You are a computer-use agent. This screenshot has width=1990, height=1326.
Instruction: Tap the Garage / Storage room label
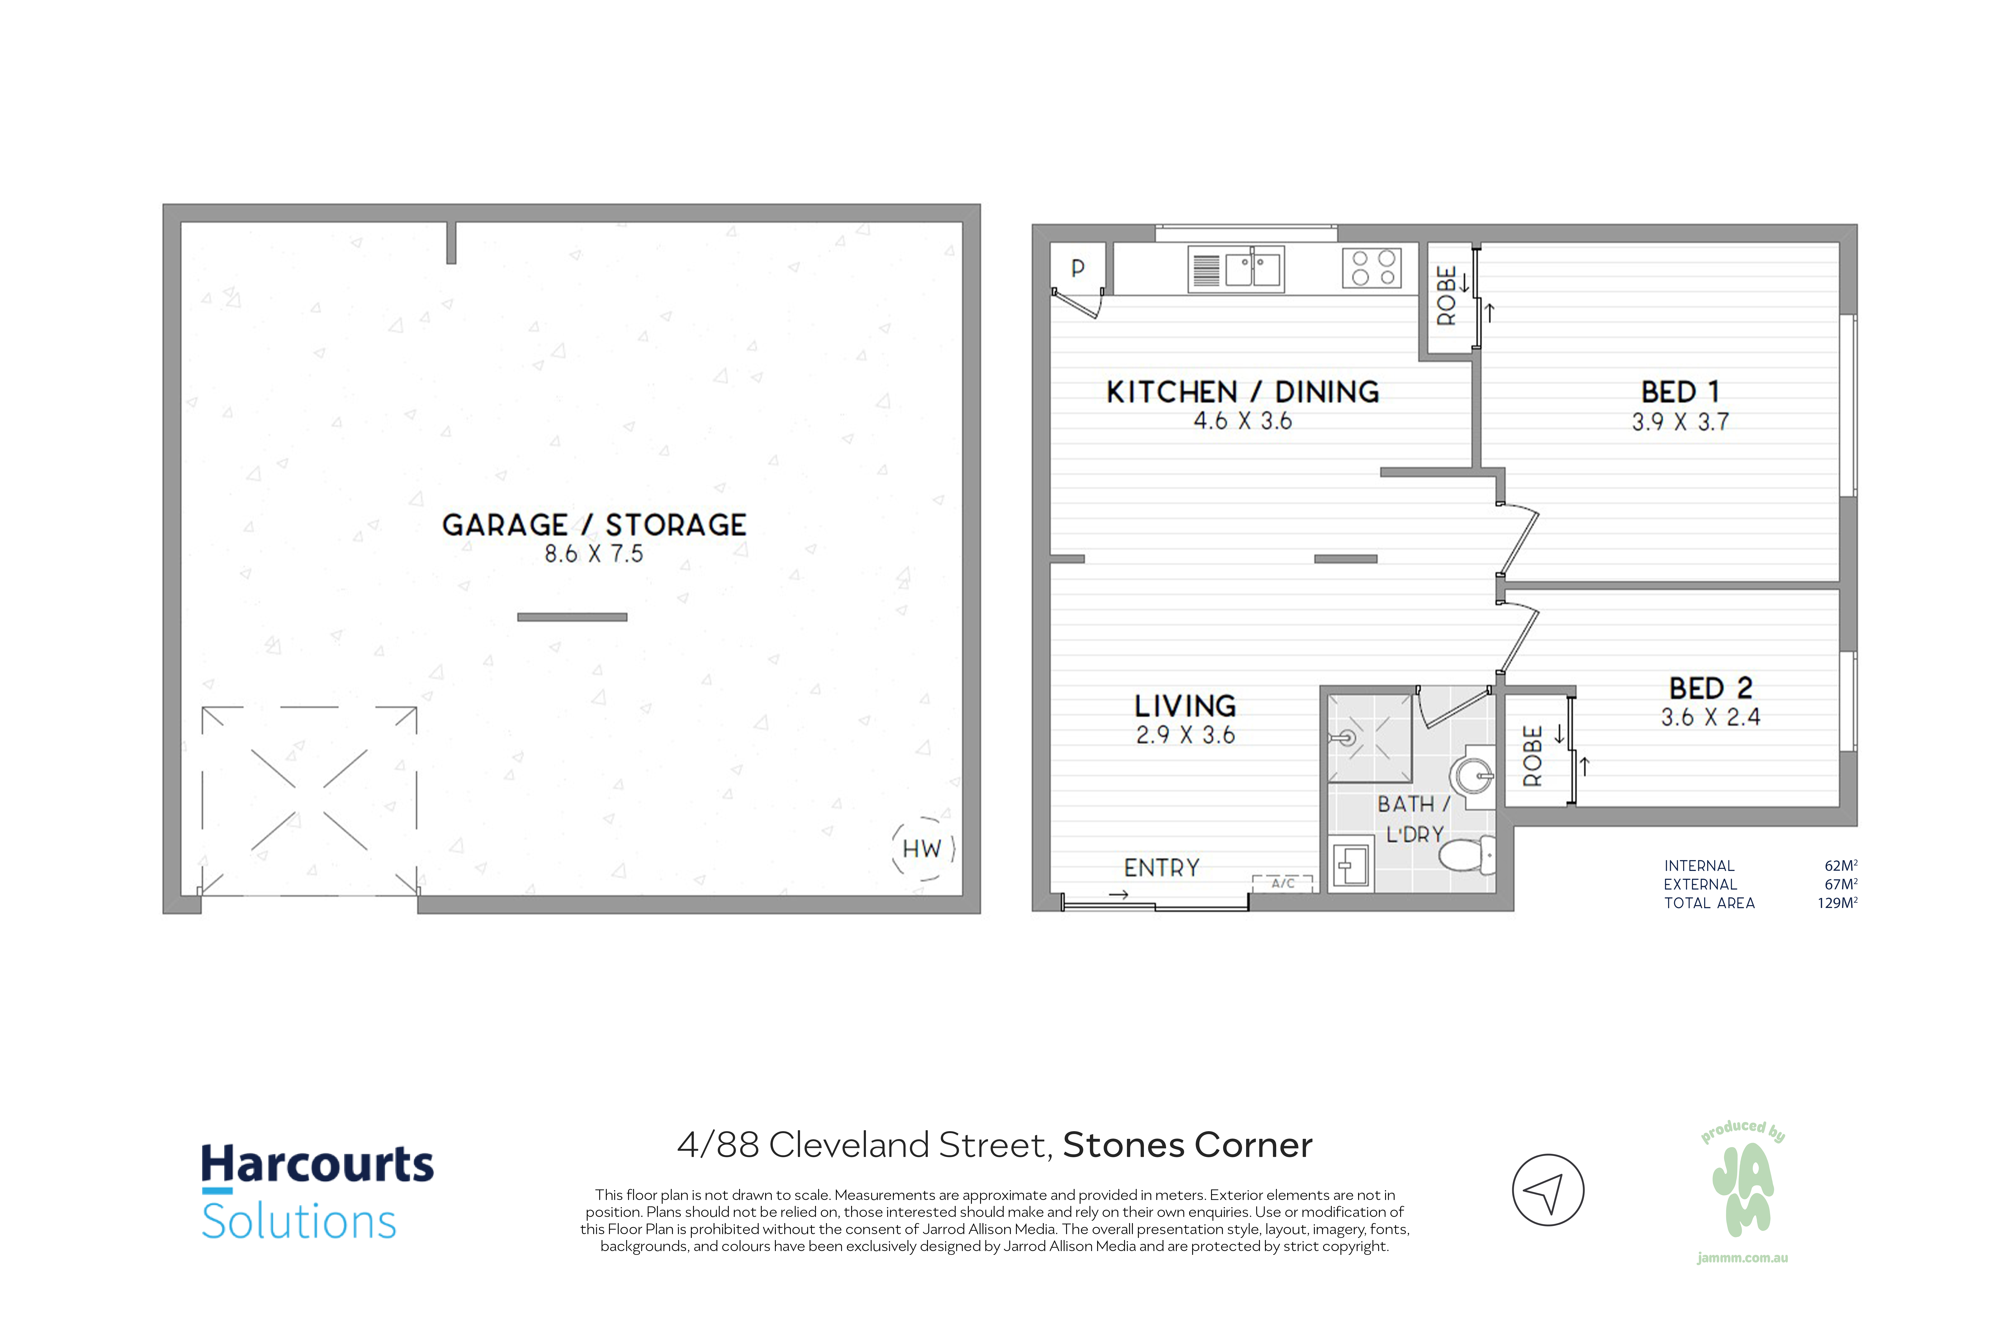(x=594, y=525)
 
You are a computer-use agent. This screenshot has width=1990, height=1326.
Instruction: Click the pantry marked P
(x=1078, y=268)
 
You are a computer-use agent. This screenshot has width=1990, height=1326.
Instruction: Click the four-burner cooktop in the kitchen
(x=1372, y=268)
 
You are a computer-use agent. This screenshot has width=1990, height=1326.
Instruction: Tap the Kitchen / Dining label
(x=1242, y=392)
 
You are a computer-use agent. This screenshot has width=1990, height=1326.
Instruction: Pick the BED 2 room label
(x=1710, y=688)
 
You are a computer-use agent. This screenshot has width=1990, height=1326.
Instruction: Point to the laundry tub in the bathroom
(x=1351, y=863)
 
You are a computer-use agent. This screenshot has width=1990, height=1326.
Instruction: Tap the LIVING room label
(x=1185, y=706)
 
